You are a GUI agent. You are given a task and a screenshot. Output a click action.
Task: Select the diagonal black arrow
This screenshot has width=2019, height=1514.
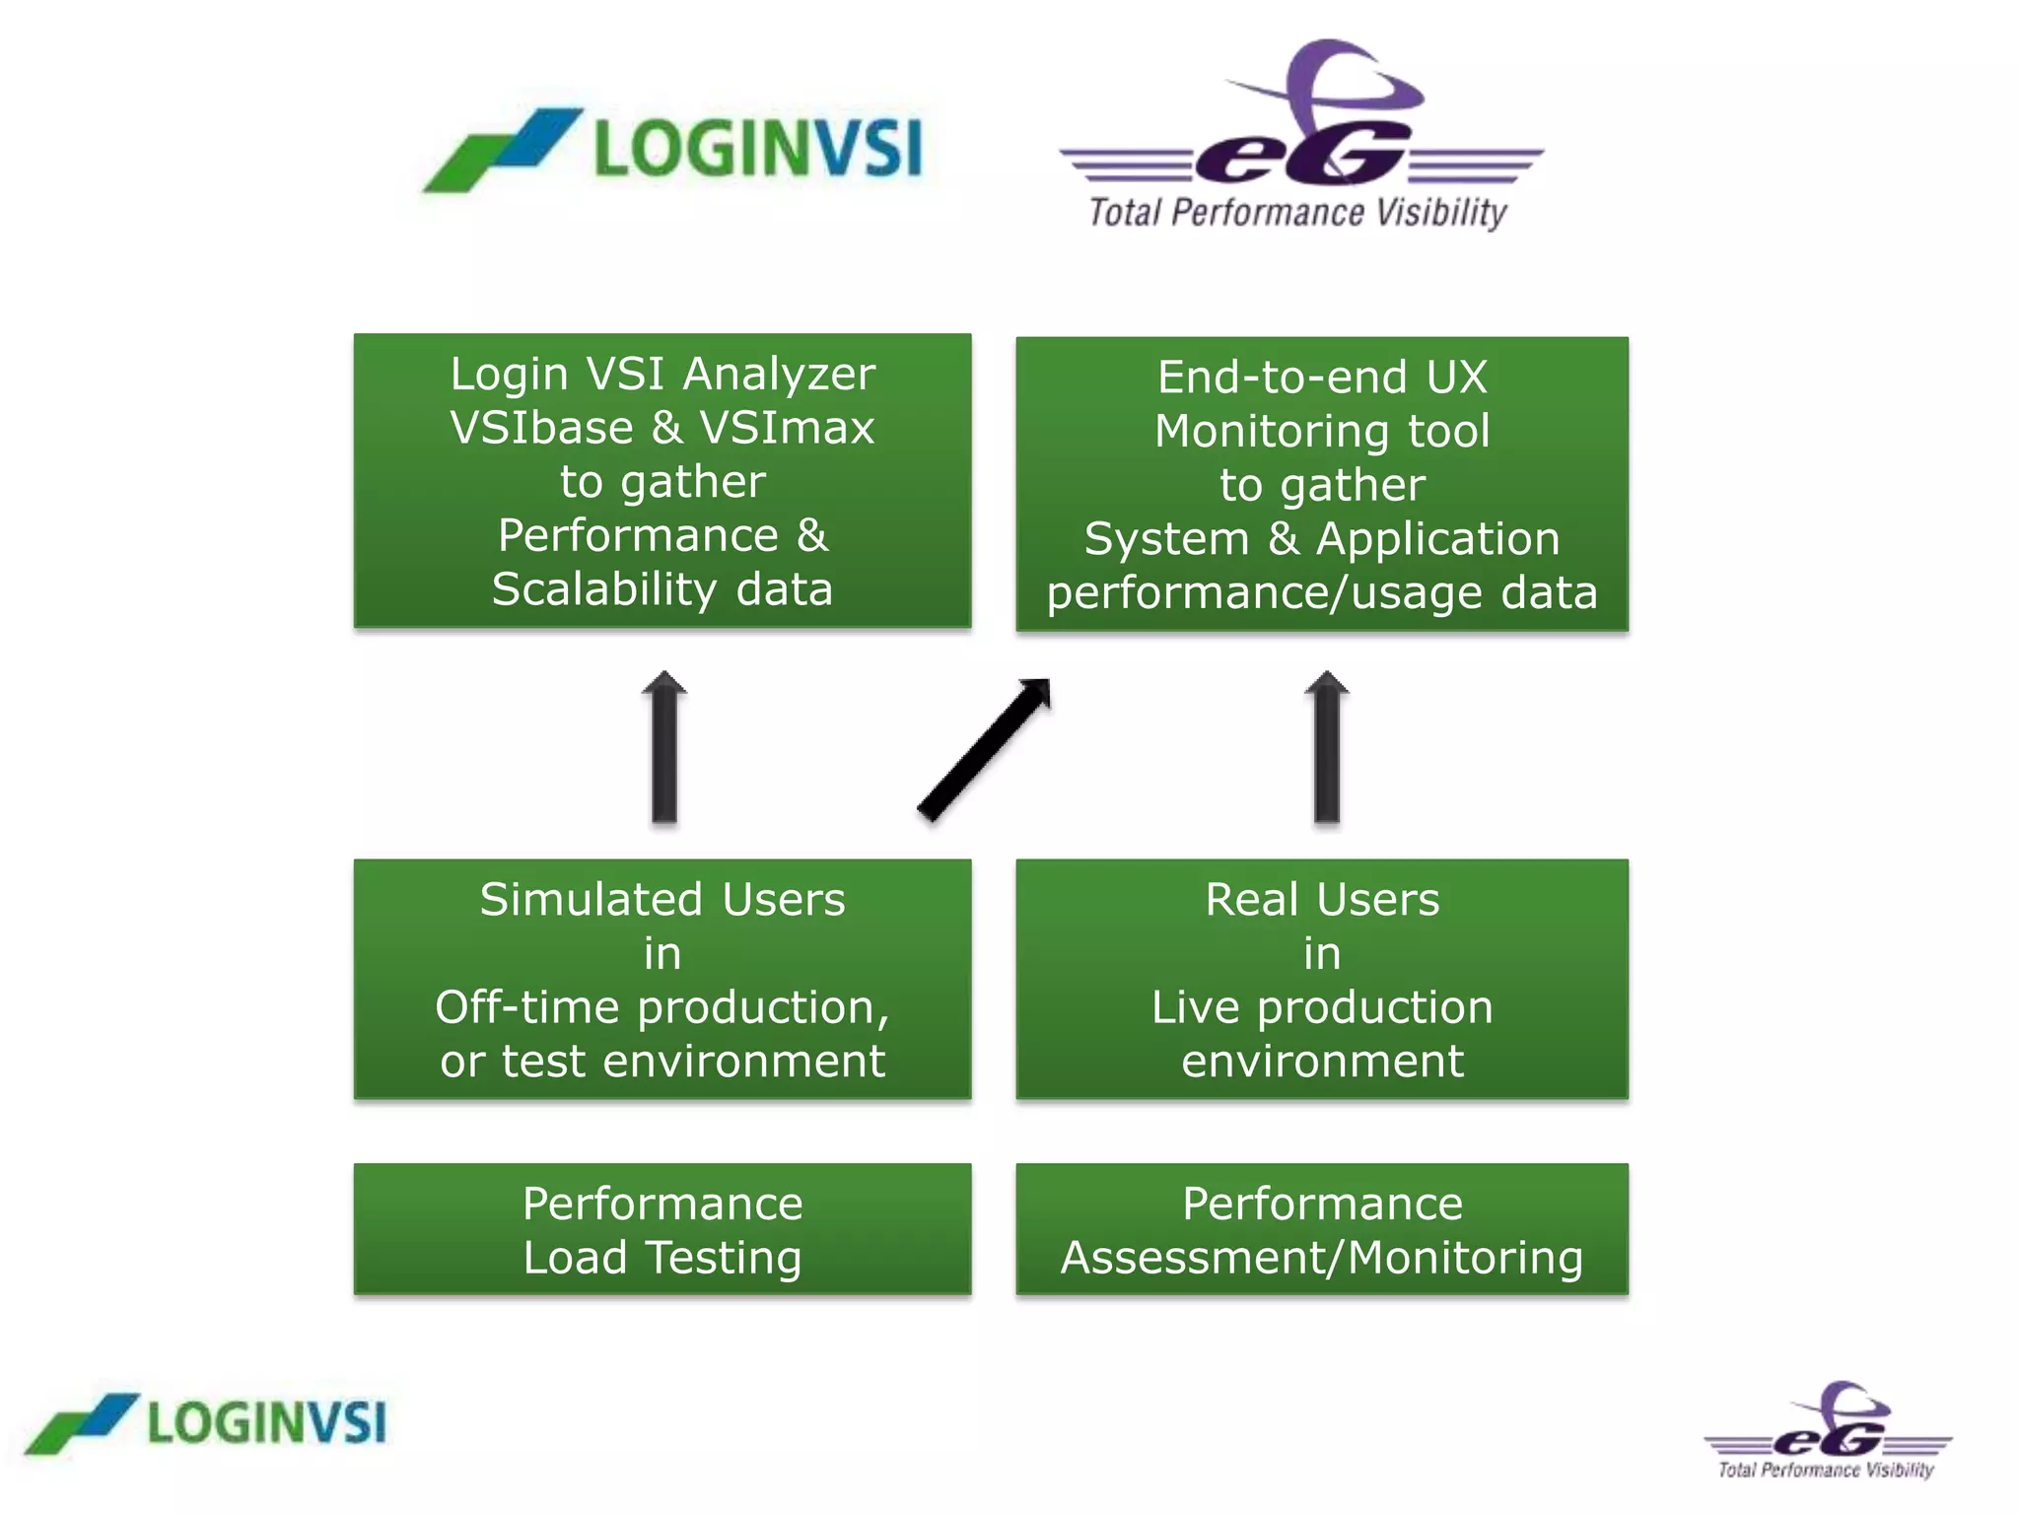click(984, 749)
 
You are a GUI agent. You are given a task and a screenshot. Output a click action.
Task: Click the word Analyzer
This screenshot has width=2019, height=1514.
click(779, 375)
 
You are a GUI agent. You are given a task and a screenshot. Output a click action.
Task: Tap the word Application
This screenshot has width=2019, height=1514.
click(1437, 539)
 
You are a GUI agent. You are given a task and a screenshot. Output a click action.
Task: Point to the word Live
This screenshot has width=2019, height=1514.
click(1196, 1007)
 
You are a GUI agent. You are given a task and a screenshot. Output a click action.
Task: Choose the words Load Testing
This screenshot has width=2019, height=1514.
click(662, 1258)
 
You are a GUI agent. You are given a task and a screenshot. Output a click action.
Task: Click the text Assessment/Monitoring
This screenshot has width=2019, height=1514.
click(1322, 1258)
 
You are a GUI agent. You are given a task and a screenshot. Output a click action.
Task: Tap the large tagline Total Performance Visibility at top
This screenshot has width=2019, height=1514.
click(1297, 213)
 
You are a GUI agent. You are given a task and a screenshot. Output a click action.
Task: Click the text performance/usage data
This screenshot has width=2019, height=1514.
click(1322, 593)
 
